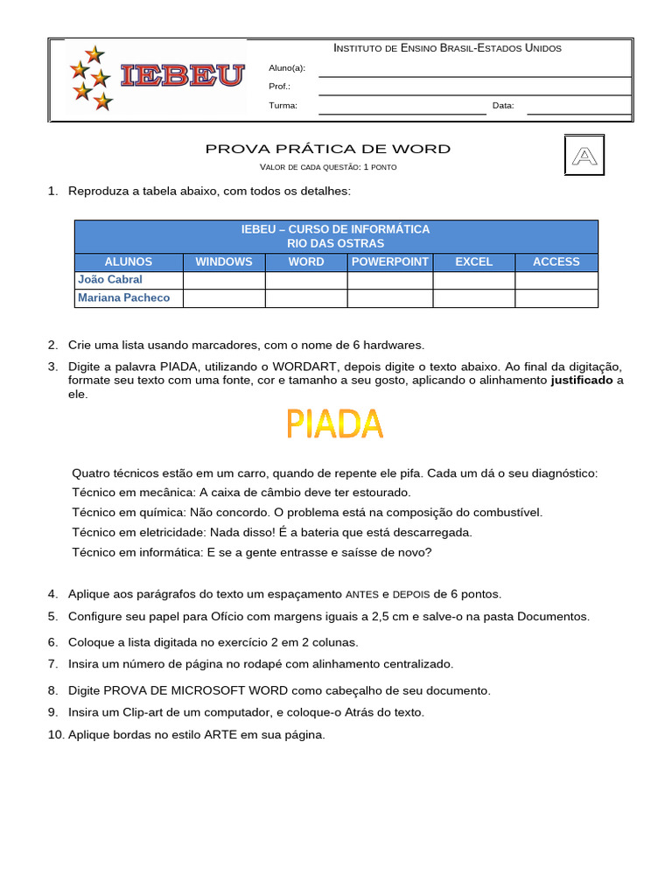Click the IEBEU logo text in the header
[x=182, y=76]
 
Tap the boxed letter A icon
[x=584, y=156]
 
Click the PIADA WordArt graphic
[x=335, y=424]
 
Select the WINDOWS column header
[x=224, y=262]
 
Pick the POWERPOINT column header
[x=390, y=262]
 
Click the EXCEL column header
[x=473, y=262]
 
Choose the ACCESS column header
[x=556, y=262]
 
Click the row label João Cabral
[x=110, y=280]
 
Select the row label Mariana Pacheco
[x=124, y=298]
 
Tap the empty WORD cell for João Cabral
[x=306, y=280]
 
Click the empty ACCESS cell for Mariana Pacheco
[x=556, y=298]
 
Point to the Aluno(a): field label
[x=287, y=68]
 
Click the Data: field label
[x=503, y=106]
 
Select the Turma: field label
[x=283, y=106]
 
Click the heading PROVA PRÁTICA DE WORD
[x=328, y=149]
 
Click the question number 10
[x=55, y=735]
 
